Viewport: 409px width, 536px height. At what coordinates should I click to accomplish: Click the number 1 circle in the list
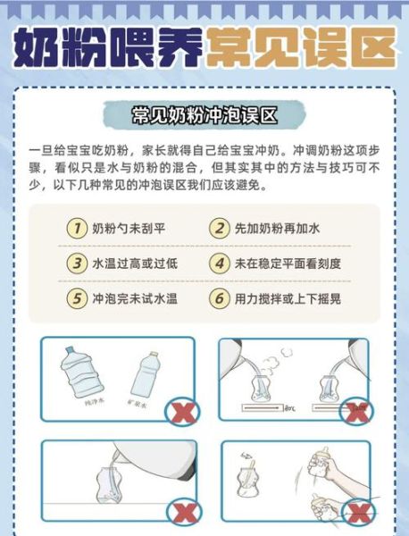pyautogui.click(x=77, y=228)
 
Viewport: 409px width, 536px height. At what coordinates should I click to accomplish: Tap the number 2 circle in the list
pyautogui.click(x=220, y=228)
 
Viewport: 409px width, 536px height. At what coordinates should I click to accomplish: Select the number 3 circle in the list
pyautogui.click(x=77, y=264)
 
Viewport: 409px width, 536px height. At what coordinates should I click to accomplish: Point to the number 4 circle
pyautogui.click(x=220, y=264)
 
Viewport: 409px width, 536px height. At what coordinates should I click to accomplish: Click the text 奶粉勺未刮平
pyautogui.click(x=129, y=229)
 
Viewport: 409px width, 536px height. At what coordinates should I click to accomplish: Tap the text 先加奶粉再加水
pyautogui.click(x=278, y=229)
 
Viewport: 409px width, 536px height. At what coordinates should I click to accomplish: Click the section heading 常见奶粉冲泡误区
pyautogui.click(x=204, y=115)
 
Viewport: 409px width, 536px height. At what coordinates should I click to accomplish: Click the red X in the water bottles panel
pyautogui.click(x=186, y=412)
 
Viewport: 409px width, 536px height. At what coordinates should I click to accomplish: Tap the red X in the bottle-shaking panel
pyautogui.click(x=359, y=513)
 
